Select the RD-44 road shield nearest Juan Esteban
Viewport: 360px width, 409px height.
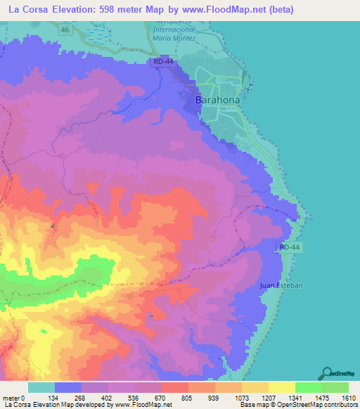[x=290, y=247]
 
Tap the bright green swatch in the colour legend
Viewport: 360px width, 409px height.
[x=308, y=387]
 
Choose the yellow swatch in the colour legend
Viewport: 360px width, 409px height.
[x=281, y=387]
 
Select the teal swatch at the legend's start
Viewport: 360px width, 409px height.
[x=41, y=387]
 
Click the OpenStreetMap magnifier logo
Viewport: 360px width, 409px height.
[x=327, y=373]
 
